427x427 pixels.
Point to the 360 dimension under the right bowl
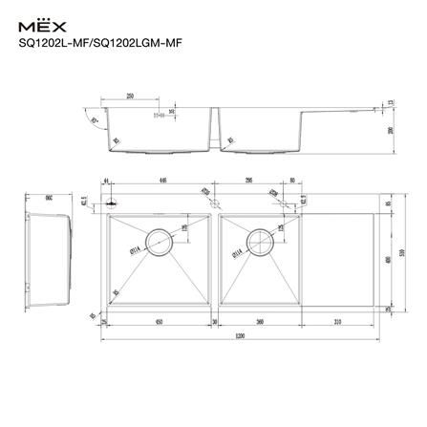259,321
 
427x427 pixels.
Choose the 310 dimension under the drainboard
337,321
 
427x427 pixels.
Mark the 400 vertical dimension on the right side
389,259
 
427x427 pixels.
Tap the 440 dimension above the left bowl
163,180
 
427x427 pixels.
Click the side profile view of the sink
47,256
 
